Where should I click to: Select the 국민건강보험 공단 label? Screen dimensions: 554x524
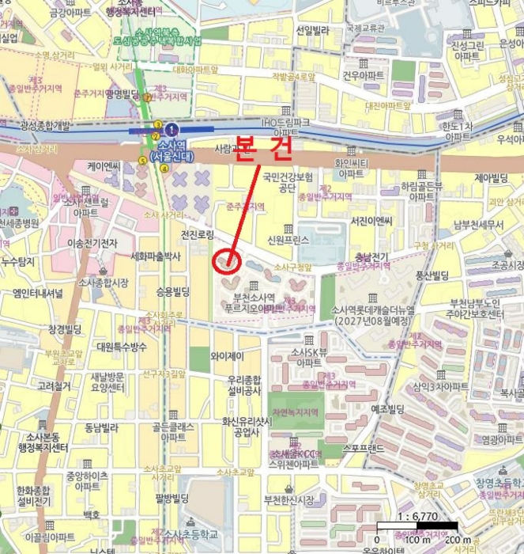288,182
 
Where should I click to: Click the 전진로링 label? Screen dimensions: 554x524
198,235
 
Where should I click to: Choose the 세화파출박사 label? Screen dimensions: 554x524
156,256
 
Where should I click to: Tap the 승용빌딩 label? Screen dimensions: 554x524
172,291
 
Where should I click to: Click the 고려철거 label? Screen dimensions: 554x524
55,386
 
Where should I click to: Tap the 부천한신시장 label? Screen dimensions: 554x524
288,499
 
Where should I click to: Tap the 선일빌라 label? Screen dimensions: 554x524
312,30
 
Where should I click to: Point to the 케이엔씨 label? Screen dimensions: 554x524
104,166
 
